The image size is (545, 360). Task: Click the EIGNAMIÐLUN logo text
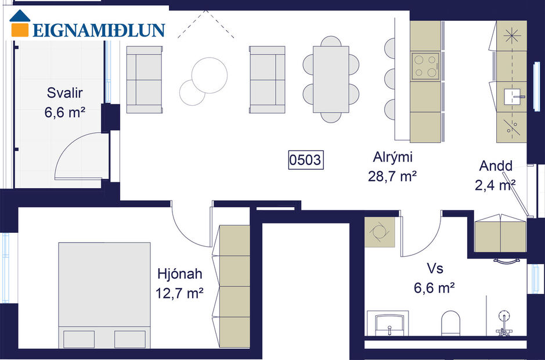[x=99, y=30]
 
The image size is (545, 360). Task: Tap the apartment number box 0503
[x=305, y=160]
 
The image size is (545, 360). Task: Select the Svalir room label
[x=64, y=93]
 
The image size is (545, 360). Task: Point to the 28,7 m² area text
[x=393, y=176]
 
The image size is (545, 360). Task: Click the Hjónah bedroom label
[x=179, y=273]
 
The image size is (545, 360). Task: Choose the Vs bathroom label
[x=435, y=268]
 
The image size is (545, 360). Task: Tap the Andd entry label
[x=496, y=166]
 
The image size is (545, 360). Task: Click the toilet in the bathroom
[x=451, y=323]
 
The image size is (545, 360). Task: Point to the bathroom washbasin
[x=389, y=323]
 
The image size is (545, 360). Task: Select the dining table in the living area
[x=331, y=80]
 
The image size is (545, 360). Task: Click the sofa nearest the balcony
[x=144, y=80]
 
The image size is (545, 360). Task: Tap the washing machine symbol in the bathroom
[x=380, y=232]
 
